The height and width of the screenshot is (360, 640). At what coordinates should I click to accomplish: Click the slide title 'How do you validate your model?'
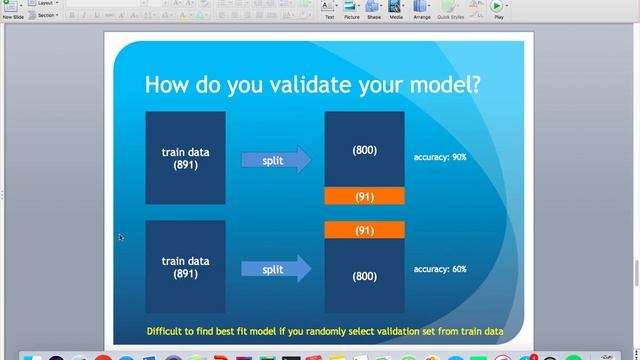click(312, 84)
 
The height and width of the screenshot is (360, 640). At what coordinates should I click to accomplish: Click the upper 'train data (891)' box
click(185, 157)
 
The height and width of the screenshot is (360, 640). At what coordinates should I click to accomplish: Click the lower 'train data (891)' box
click(185, 267)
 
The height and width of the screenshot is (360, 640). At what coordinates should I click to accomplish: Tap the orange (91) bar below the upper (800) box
click(364, 196)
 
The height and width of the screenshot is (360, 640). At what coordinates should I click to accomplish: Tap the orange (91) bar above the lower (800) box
click(364, 230)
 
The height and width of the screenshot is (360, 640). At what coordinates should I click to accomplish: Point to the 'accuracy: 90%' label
click(440, 157)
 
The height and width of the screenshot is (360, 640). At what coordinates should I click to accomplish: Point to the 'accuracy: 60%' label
click(440, 269)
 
